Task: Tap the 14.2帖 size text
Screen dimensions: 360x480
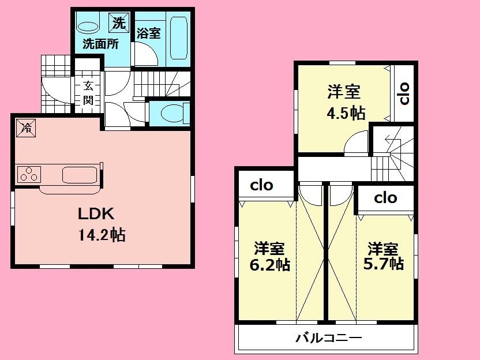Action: point(99,235)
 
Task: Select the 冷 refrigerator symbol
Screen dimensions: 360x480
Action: point(25,127)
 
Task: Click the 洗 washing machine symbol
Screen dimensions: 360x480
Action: point(118,24)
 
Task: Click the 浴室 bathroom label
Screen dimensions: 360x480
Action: point(148,33)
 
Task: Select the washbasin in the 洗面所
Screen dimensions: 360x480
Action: point(88,27)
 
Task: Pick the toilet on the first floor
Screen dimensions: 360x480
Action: point(174,112)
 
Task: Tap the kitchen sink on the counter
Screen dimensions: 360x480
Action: point(79,174)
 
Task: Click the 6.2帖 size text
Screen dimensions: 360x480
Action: point(269,265)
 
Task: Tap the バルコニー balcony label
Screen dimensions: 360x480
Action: point(329,338)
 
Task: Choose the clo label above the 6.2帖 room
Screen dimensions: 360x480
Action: point(261,186)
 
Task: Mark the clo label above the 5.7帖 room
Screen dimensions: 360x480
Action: point(385,198)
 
